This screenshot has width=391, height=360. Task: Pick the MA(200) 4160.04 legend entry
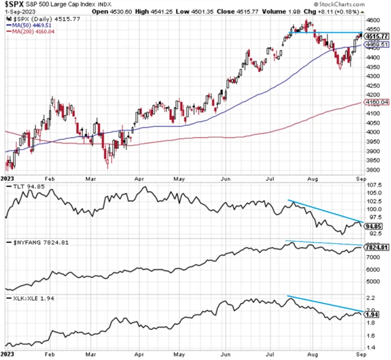point(31,31)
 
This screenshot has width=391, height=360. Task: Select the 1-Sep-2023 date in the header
point(19,11)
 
